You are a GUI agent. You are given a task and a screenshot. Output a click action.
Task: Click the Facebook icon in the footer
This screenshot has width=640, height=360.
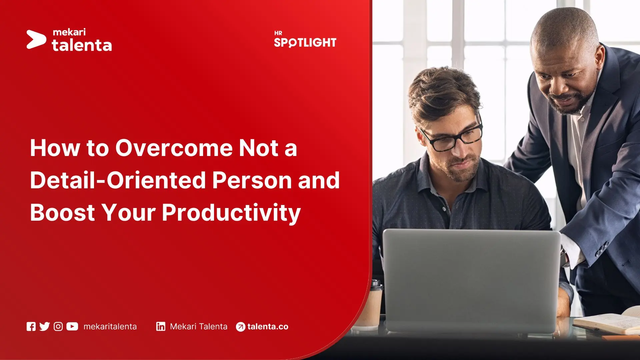(31, 327)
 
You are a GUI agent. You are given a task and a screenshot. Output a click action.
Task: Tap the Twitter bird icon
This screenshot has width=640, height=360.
(44, 327)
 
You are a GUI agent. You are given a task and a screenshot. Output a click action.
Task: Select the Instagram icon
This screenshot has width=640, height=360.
(58, 327)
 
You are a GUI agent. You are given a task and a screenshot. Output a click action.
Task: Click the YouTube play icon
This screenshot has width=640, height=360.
(72, 327)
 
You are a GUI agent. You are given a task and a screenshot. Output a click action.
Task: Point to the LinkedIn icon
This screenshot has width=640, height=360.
(161, 327)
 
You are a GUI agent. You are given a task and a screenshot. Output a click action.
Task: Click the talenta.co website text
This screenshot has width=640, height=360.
(268, 327)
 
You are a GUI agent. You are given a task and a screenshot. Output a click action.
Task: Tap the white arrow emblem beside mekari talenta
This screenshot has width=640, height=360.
(36, 40)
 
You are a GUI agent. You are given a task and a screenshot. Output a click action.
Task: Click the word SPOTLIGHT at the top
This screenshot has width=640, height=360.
(305, 43)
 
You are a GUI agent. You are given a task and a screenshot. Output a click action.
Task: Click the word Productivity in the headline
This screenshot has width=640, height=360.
(231, 213)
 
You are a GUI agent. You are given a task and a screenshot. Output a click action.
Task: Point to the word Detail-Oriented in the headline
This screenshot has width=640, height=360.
(118, 180)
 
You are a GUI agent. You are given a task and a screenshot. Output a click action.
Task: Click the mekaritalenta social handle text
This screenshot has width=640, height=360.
(110, 327)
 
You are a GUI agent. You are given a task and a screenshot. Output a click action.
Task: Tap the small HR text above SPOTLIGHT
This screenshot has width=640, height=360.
(278, 33)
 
